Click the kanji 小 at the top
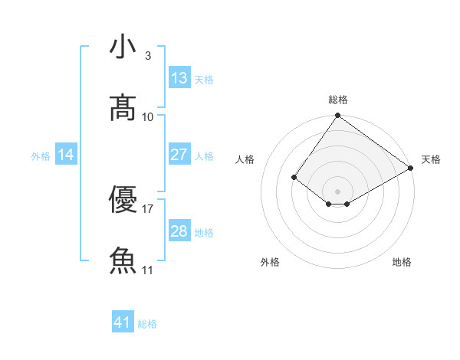point(123,47)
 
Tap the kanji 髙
point(123,108)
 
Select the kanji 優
point(123,201)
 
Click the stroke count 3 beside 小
point(147,56)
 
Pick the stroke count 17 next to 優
point(148,209)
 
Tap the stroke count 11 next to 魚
point(148,270)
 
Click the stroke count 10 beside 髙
point(148,116)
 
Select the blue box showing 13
point(179,77)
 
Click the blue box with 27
point(179,155)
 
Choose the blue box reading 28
point(179,231)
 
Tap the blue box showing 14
point(66,155)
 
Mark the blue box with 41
point(123,322)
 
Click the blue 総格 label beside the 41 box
point(147,324)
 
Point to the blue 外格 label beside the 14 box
point(41,156)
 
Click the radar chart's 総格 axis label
point(337,100)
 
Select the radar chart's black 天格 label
point(431,159)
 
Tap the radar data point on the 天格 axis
point(411,168)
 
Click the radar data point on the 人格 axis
point(294,177)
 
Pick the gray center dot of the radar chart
point(337,191)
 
